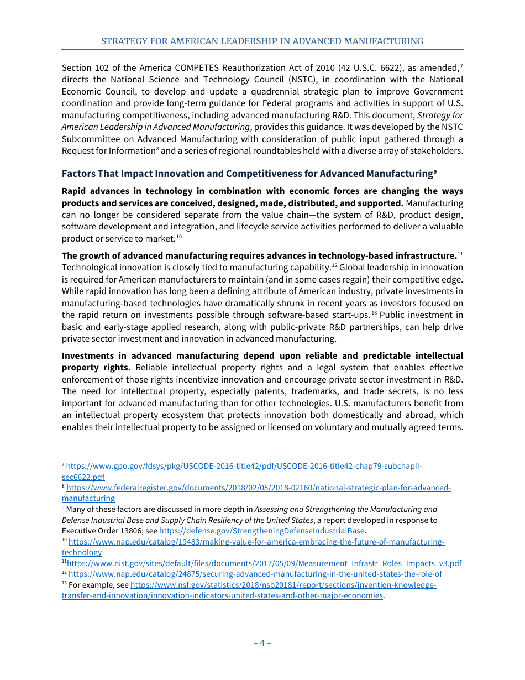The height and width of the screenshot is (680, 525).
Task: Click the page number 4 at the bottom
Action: (x=262, y=642)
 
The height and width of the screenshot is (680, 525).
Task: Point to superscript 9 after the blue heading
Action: (x=435, y=171)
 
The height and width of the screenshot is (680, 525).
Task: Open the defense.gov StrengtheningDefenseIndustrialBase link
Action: (x=262, y=531)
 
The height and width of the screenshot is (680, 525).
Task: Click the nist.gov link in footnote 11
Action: (x=264, y=563)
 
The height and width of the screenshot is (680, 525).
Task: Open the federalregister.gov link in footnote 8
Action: (x=258, y=488)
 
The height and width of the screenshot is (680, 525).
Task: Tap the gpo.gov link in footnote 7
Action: (x=244, y=466)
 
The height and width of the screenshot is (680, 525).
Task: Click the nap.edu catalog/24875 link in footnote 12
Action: (x=255, y=574)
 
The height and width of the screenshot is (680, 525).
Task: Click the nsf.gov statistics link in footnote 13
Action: (x=283, y=585)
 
